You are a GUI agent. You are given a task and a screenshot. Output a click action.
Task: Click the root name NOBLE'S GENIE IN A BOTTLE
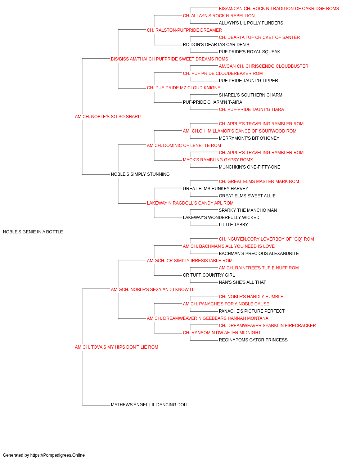pos(33,232)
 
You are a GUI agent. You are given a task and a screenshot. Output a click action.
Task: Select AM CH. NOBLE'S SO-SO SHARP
pos(108,117)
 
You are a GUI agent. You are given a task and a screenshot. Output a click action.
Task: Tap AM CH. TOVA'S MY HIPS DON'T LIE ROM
pos(116,347)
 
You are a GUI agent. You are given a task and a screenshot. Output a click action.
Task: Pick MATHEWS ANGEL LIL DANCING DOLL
pos(150,405)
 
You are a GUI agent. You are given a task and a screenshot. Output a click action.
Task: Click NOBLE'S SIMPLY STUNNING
pos(140,174)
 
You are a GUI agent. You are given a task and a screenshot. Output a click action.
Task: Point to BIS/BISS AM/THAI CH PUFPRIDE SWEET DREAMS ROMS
pos(170,59)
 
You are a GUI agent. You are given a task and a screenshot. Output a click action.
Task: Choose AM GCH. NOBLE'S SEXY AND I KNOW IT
pos(152,290)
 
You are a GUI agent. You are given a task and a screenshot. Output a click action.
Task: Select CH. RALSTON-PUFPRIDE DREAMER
pos(184,30)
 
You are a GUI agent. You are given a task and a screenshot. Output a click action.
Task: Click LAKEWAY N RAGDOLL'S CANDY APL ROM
pos(190,203)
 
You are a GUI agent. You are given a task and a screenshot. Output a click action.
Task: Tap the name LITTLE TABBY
pos(233,225)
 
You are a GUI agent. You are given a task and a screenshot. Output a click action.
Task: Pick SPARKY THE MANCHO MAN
pos(248,210)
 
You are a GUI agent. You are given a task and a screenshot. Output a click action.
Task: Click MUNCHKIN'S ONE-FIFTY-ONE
pos(249,167)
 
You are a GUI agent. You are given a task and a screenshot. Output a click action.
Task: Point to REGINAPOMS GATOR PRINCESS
pos(253,340)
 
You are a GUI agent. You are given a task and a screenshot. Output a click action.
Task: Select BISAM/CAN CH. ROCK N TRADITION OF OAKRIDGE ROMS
pos(279,9)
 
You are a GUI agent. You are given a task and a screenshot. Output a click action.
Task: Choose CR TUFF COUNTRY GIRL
pos(209,275)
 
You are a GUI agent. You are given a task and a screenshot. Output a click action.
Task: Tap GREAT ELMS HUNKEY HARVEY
pos(215,189)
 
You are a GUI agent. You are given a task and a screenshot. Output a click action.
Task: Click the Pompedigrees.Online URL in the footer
pos(58,455)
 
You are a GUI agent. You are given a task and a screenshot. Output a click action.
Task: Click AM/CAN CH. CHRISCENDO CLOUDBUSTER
pos(264,66)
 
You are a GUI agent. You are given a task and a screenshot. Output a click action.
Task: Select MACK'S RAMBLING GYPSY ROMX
pos(218,160)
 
